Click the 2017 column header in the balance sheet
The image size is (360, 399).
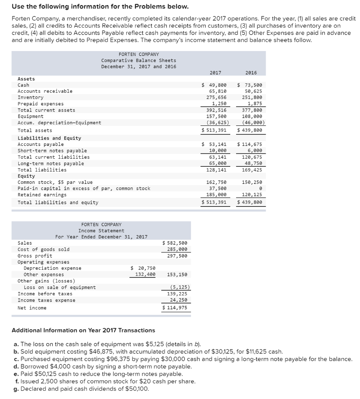215,72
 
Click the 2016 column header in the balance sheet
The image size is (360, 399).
251,72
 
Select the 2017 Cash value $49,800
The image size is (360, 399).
214,85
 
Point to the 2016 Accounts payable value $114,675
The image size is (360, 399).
249,144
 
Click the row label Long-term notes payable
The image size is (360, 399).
51,163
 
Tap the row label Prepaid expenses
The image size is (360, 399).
41,104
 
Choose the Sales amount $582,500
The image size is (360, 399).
175,243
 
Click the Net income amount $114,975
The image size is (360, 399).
175,308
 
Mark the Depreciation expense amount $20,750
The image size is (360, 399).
143,268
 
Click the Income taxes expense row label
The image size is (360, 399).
46,300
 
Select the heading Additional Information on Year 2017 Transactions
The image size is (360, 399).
83,330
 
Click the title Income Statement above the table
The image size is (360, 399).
101,231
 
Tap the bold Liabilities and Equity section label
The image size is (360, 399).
49,138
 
